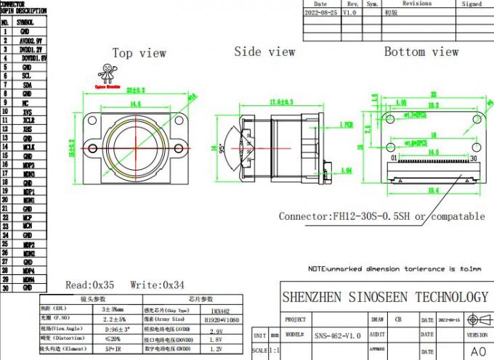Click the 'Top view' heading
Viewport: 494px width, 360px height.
pyautogui.click(x=139, y=53)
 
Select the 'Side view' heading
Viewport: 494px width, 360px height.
pyautogui.click(x=264, y=52)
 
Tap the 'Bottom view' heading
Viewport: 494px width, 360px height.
pyautogui.click(x=421, y=52)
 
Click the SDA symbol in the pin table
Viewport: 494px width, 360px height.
pyautogui.click(x=26, y=84)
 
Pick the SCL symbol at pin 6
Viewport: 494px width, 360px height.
pyautogui.click(x=26, y=75)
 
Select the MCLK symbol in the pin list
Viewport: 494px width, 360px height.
pyautogui.click(x=27, y=147)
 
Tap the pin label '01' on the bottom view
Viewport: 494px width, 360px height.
pyautogui.click(x=394, y=157)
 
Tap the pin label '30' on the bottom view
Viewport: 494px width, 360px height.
pyautogui.click(x=473, y=157)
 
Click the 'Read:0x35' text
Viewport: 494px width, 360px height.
pyautogui.click(x=90, y=285)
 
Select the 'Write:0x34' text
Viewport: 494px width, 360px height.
pyautogui.click(x=158, y=285)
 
